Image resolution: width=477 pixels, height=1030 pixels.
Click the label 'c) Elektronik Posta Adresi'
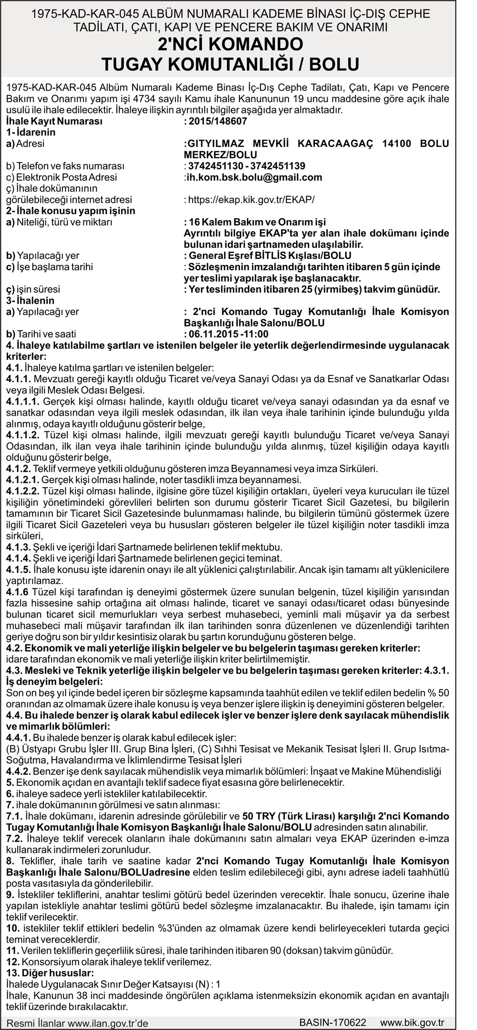(62, 177)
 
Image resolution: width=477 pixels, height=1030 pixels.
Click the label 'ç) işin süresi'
(33, 289)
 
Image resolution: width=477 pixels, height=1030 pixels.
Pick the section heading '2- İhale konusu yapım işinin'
(71, 211)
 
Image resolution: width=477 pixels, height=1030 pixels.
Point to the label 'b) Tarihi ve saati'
(41, 334)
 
